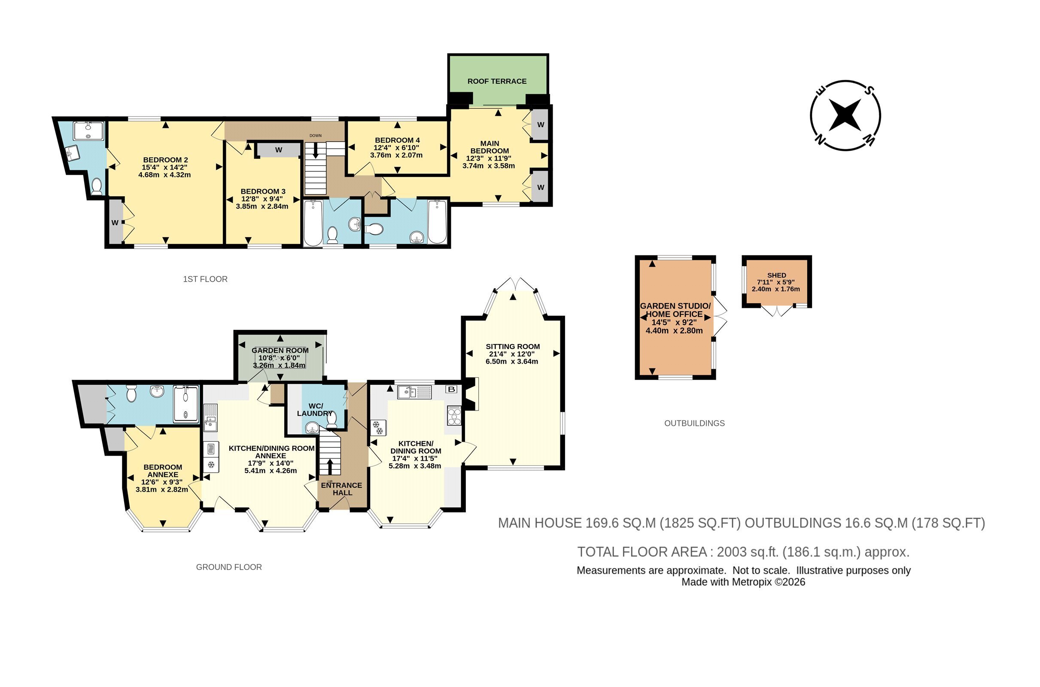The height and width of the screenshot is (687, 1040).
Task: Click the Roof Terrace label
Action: [x=497, y=81]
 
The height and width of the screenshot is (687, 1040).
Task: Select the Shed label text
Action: [x=777, y=275]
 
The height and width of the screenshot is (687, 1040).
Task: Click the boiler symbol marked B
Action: [x=451, y=389]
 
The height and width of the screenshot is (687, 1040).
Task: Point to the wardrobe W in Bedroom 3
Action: [x=279, y=150]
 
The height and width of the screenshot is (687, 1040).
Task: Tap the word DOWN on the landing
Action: [x=316, y=135]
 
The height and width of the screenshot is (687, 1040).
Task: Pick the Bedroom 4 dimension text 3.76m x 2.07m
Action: [x=396, y=155]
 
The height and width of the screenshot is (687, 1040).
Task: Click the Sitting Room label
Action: [x=513, y=346]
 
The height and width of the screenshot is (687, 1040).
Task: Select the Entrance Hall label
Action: [x=342, y=489]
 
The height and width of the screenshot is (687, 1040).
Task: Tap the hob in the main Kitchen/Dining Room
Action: [x=454, y=416]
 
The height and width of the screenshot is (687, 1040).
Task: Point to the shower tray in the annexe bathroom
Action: [x=186, y=404]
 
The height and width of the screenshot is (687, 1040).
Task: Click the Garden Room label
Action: [x=280, y=350]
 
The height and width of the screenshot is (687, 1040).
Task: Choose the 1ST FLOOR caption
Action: [x=205, y=279]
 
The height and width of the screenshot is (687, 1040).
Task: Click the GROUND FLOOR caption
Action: [x=229, y=567]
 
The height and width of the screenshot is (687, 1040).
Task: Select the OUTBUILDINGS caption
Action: [x=694, y=423]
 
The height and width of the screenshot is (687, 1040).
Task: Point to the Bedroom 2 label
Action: [x=166, y=160]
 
